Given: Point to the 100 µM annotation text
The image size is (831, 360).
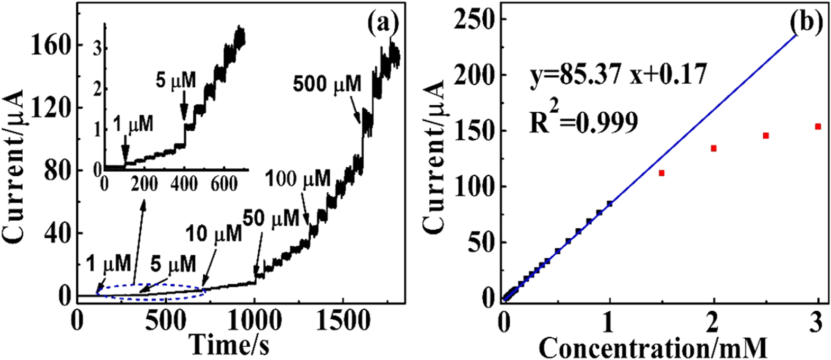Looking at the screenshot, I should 297,179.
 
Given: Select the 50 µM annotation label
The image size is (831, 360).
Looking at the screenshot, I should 271,217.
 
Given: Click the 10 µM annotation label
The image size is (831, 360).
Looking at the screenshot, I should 213,233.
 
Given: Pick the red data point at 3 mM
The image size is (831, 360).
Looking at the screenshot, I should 818,127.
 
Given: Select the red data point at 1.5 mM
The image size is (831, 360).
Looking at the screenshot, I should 662,173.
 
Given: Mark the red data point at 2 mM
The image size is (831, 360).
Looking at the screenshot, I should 713,148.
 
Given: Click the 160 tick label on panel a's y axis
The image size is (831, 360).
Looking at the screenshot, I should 50,46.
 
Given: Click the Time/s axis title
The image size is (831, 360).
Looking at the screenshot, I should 229,345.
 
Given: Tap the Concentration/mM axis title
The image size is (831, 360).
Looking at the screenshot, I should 653,348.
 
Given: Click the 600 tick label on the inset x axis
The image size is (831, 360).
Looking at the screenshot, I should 224,184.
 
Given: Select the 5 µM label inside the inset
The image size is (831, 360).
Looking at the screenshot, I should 176,80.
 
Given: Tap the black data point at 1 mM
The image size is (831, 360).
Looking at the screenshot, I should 610,203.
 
